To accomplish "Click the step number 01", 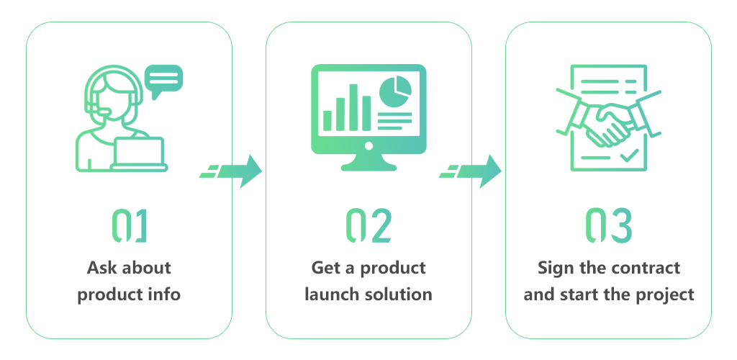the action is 130,225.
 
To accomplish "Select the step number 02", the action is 368,225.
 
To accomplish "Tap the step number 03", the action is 609,225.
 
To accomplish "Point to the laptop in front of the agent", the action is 140,153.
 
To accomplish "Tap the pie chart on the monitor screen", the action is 395,91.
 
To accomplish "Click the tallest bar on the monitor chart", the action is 353,107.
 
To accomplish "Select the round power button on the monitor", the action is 368,146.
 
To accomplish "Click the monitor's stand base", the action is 368,164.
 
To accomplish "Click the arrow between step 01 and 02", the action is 231,171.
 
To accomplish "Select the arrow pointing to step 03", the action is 471,171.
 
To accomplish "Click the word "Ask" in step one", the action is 99,268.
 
